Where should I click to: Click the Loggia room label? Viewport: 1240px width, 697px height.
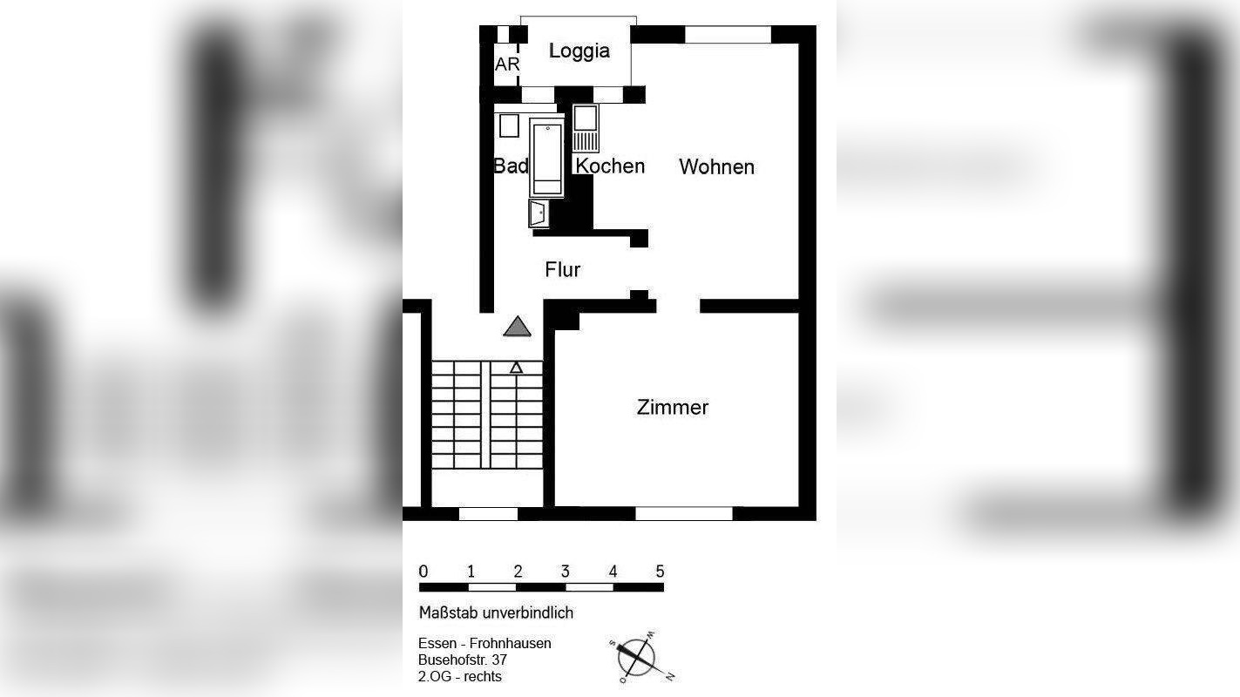coord(579,51)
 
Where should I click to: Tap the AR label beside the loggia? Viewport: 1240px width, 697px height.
coord(506,64)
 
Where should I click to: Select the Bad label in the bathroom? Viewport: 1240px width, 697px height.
coord(511,166)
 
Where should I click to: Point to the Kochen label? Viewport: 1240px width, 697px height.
coord(610,166)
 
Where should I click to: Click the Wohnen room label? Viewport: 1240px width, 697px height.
coord(716,166)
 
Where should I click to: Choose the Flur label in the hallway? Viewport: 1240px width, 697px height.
coord(562,270)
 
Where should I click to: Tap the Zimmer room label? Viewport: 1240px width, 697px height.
coord(672,407)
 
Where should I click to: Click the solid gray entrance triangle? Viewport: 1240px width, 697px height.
coord(518,327)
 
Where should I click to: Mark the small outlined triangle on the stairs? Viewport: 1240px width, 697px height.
coord(516,368)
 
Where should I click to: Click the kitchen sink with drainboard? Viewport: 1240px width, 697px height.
coord(585,127)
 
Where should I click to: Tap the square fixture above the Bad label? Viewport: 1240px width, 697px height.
coord(509,125)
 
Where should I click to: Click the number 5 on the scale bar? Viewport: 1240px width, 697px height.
coord(660,572)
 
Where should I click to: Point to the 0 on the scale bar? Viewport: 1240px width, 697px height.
coord(423,572)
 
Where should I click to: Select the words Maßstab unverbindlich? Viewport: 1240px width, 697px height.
coord(496,612)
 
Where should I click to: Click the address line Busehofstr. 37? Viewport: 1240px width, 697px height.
coord(462,660)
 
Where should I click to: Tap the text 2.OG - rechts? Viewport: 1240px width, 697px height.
coord(459,676)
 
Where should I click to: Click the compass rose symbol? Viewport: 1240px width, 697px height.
coord(638,656)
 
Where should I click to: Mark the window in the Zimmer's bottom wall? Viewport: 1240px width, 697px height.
coord(684,514)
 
